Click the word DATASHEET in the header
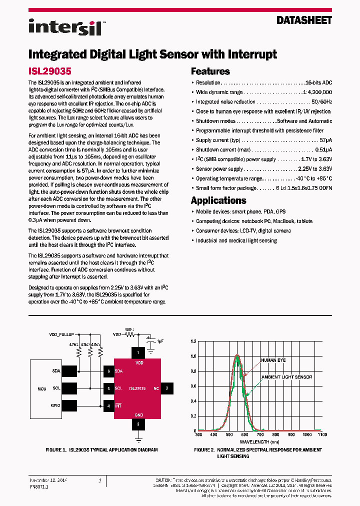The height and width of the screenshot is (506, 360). [x=304, y=20]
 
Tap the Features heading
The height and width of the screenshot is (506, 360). [x=210, y=71]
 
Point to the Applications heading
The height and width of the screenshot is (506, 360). [x=218, y=200]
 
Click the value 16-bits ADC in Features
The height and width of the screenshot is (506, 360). [x=318, y=82]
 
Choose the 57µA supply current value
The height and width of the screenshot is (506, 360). [x=325, y=140]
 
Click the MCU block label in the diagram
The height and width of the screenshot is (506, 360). [x=42, y=388]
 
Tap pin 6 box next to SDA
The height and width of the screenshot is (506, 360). [x=108, y=371]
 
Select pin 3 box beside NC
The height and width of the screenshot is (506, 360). [x=166, y=387]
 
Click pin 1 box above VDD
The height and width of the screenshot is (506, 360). [x=137, y=353]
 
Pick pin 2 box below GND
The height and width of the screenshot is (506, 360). [x=137, y=424]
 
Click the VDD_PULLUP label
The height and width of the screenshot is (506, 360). [x=61, y=334]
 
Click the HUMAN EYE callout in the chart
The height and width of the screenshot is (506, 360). [x=273, y=359]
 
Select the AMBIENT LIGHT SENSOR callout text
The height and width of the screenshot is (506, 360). [x=286, y=377]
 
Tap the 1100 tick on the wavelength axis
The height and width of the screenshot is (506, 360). [x=322, y=435]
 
